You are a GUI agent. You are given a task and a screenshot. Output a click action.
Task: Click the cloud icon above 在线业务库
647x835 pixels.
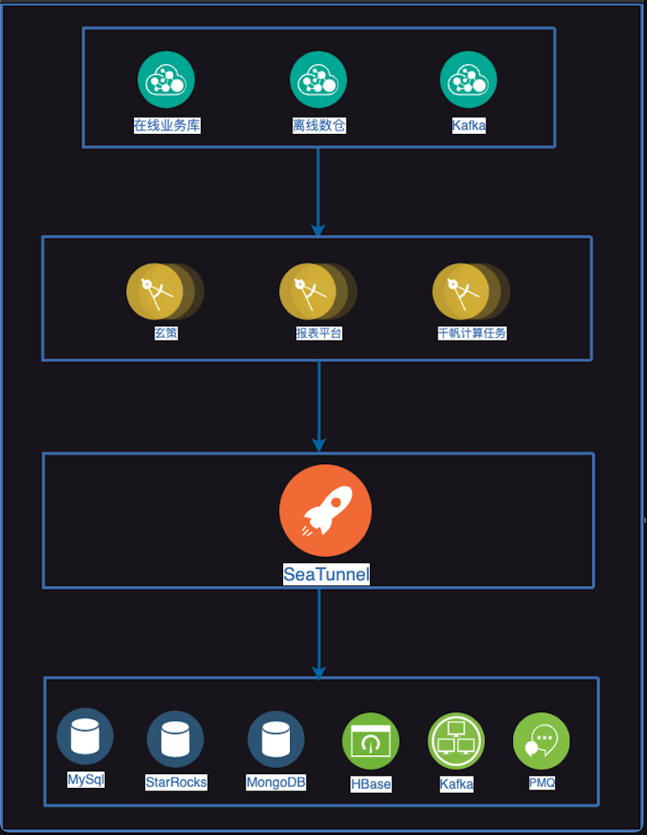point(166,80)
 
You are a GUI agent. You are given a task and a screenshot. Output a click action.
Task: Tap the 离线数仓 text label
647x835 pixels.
point(318,126)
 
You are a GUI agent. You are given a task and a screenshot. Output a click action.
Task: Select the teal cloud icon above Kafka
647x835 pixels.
point(469,80)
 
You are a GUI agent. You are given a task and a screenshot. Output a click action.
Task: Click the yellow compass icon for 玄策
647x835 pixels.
point(155,292)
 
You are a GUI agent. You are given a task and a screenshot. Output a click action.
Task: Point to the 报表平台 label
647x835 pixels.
point(318,333)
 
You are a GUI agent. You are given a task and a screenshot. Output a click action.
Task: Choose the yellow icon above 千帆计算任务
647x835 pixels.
point(461,292)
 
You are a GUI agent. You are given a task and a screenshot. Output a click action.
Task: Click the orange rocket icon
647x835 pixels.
point(325,511)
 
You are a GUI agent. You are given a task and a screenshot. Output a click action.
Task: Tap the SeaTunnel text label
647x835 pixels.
point(326,574)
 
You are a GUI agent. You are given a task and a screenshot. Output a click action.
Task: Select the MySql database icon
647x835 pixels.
point(85,736)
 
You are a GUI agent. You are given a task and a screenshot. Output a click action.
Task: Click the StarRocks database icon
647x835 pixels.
point(175,739)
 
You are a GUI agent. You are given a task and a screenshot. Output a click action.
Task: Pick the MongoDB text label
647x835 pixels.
point(275,783)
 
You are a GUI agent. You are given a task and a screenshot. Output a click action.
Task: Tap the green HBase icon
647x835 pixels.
point(371,741)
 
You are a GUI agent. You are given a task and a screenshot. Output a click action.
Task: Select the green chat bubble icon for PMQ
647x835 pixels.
point(541,741)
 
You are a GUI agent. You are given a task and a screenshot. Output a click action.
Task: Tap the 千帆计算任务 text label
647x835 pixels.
point(472,333)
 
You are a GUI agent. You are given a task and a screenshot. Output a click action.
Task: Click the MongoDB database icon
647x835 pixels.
point(275,739)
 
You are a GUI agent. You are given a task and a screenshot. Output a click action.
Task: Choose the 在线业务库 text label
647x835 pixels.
point(167,126)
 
